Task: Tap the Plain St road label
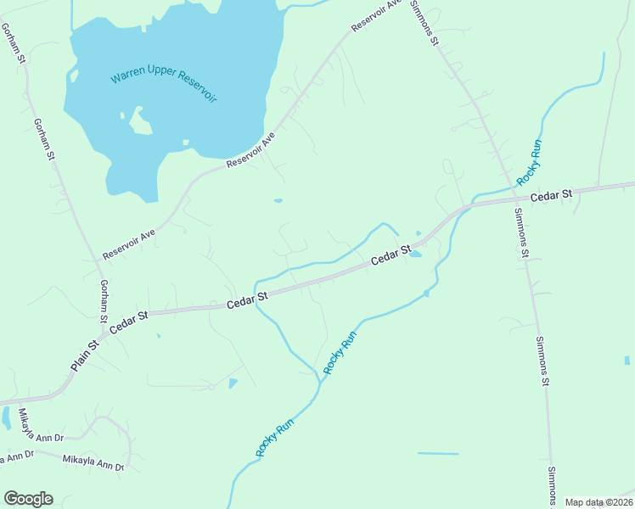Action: pyautogui.click(x=85, y=355)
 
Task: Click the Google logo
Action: pyautogui.click(x=28, y=499)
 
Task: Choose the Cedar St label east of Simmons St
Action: pyautogui.click(x=552, y=195)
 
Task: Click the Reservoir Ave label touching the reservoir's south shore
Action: pyautogui.click(x=251, y=152)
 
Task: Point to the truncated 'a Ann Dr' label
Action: pyautogui.click(x=15, y=456)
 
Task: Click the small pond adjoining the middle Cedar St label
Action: pyautogui.click(x=415, y=253)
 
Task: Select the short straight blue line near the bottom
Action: pyautogui.click(x=438, y=454)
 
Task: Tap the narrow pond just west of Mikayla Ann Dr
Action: pyautogui.click(x=7, y=418)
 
